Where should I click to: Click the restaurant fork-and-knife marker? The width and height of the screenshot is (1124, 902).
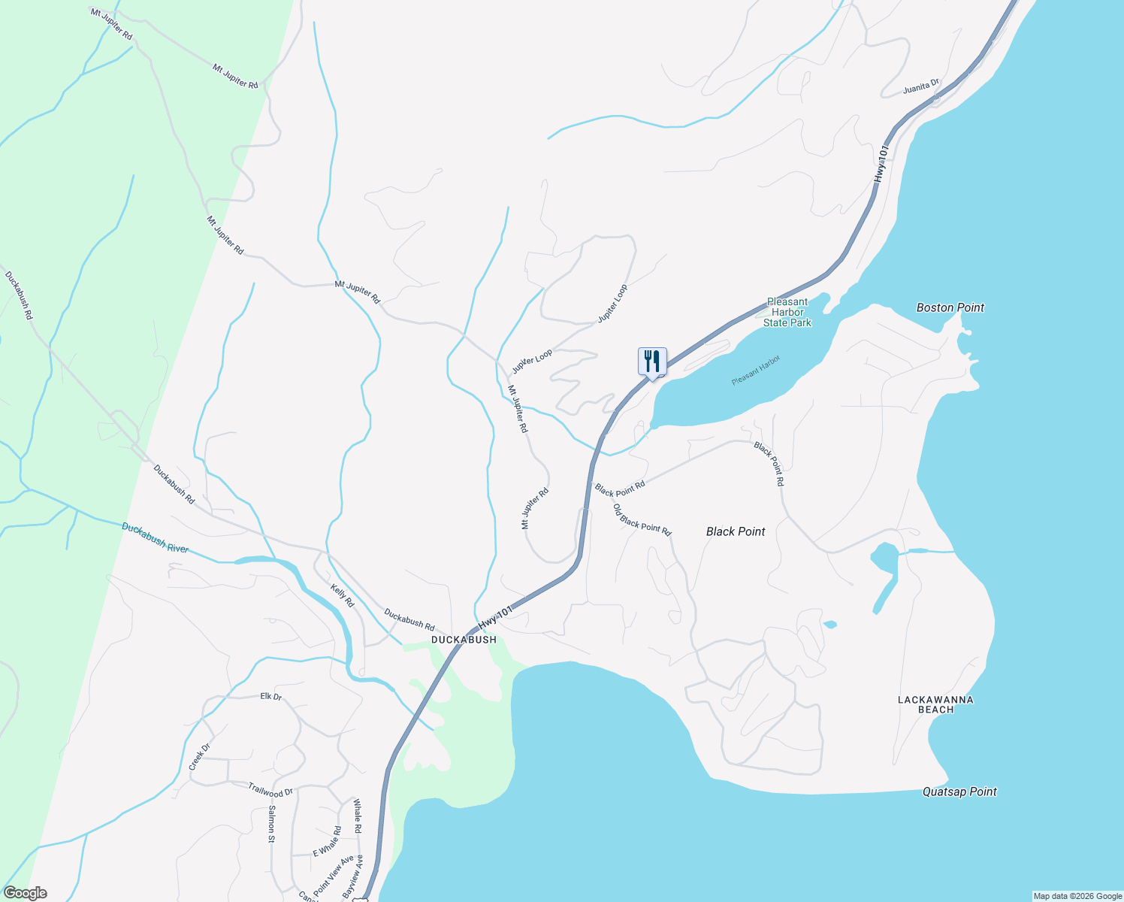pos(651,362)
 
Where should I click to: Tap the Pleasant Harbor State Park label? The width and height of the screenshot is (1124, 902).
pos(787,312)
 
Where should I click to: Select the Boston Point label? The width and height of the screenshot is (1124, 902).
pos(950,307)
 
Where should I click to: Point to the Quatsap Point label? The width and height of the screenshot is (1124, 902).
pos(959,792)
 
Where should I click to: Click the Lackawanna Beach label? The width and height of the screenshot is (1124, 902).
pos(935,704)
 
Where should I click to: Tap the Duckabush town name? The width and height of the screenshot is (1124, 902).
pos(464,640)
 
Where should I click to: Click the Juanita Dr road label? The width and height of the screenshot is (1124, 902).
pos(921,87)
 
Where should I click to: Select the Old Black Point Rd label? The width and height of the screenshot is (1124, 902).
pos(642,519)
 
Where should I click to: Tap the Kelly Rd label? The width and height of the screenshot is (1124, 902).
pos(343,596)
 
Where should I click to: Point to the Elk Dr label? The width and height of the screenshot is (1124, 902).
pos(270,697)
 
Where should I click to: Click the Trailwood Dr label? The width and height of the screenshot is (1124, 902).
pos(270,789)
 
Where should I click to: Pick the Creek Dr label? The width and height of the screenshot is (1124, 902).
pos(199,757)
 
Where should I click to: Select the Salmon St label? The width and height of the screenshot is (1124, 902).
pos(271,824)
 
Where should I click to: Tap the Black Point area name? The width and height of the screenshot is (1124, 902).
pos(736,531)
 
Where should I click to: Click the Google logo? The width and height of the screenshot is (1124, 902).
pos(24,893)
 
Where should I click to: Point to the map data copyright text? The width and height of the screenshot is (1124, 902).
pos(1077,896)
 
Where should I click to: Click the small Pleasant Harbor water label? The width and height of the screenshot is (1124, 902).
pos(756,371)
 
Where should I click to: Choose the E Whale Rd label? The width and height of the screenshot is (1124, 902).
pos(327,842)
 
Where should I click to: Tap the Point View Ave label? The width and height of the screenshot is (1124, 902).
pos(334,874)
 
